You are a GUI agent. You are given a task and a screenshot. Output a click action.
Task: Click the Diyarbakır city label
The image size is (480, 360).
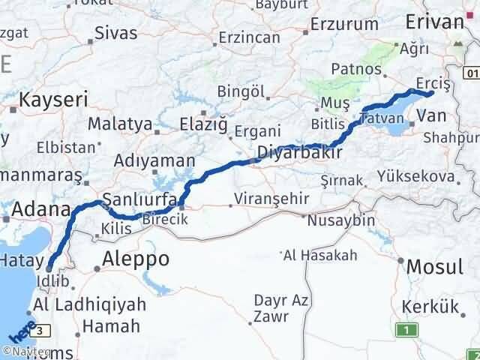(x=299, y=153)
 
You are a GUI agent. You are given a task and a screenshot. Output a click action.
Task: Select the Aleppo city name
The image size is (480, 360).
(x=136, y=259)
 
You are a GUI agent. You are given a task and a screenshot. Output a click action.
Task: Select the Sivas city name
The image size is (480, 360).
(x=116, y=33)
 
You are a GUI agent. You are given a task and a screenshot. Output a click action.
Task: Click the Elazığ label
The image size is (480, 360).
(x=204, y=123)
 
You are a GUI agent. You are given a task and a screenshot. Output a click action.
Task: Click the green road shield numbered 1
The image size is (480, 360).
(x=408, y=330)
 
